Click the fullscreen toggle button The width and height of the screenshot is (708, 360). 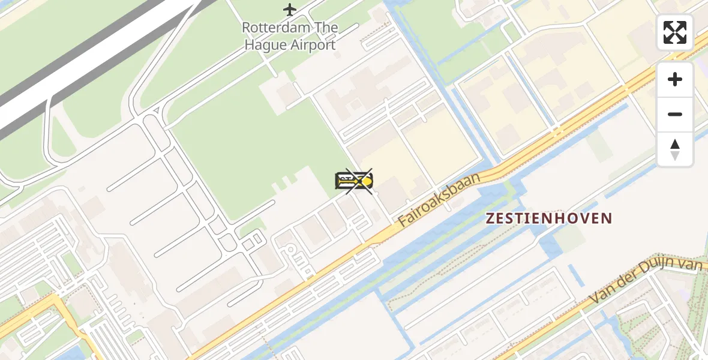point(675,32)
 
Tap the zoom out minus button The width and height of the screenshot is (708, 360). point(675,115)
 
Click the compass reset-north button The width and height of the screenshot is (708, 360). point(675,149)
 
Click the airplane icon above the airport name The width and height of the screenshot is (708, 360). point(290,10)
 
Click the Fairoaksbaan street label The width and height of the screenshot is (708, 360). point(440,200)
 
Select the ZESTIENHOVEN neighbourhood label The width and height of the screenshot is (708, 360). point(549,218)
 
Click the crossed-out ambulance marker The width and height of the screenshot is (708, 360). point(355,181)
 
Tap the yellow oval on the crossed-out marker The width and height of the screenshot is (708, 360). point(366,181)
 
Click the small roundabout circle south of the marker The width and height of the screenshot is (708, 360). point(290,250)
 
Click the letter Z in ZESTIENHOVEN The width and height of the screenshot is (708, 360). point(490,218)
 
